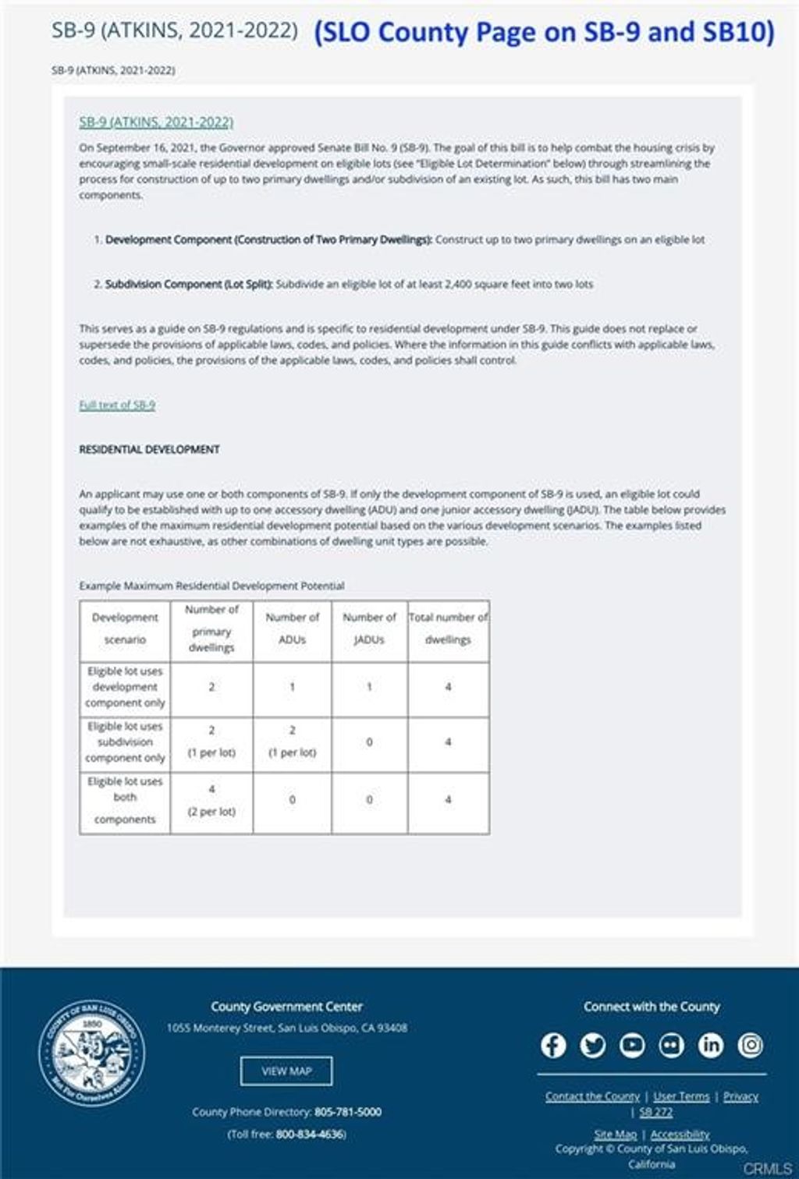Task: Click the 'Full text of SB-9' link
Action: (x=117, y=405)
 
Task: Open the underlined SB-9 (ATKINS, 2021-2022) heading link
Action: (x=156, y=122)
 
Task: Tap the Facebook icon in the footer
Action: (x=553, y=1045)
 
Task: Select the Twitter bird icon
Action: (x=593, y=1045)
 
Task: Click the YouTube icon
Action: (x=632, y=1045)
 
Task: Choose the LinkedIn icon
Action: (x=711, y=1045)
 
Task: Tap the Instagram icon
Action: (x=751, y=1045)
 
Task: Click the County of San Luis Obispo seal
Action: (x=92, y=1053)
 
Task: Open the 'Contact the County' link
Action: (x=592, y=1096)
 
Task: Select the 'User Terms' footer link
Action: (x=681, y=1096)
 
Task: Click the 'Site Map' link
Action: (x=615, y=1135)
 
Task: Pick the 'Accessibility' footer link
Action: (x=680, y=1135)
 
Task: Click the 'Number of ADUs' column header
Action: (x=292, y=628)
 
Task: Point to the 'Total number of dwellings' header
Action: (x=449, y=628)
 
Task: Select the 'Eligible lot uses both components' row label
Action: (x=125, y=800)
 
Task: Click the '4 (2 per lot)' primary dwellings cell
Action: (x=211, y=800)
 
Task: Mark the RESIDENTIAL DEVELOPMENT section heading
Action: (x=149, y=449)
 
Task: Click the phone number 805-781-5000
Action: (x=348, y=1112)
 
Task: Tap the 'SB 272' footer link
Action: (x=655, y=1112)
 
